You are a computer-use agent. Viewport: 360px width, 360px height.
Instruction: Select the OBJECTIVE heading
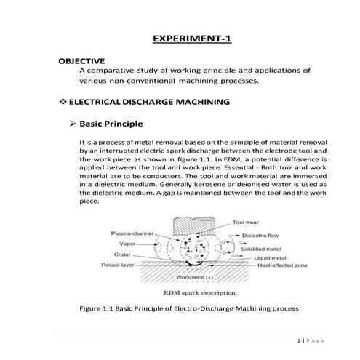coord(81,60)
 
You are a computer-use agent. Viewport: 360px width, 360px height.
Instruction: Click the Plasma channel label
coord(131,233)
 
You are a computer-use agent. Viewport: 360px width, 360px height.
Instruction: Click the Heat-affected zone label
coord(273,267)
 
